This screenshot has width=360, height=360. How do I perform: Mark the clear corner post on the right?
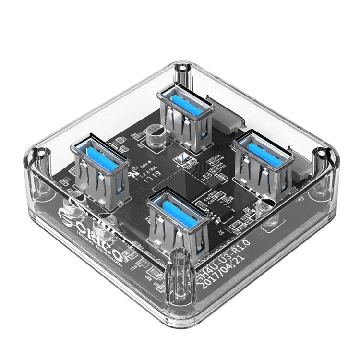point(319,163)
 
